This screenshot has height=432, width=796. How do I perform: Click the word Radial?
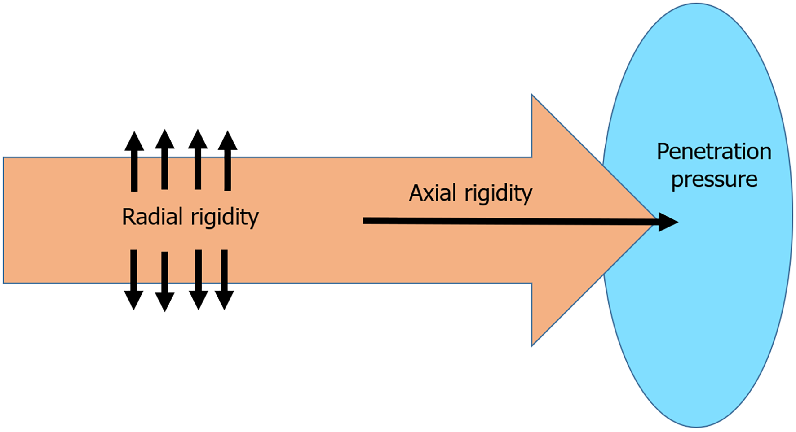[x=152, y=217]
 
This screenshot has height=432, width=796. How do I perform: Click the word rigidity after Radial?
[x=225, y=218]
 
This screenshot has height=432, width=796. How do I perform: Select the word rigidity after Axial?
[x=498, y=194]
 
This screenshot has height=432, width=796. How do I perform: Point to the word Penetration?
[x=714, y=152]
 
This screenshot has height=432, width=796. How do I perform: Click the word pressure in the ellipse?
[x=714, y=179]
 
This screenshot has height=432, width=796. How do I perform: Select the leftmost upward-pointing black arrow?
[x=134, y=161]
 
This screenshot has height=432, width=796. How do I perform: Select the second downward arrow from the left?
[x=165, y=281]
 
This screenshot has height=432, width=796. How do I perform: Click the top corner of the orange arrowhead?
[x=532, y=95]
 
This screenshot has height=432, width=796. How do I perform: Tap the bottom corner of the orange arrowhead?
[x=532, y=345]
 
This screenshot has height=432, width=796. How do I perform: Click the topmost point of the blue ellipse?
[x=697, y=4]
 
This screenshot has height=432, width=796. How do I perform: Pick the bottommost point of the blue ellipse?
[x=697, y=427]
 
